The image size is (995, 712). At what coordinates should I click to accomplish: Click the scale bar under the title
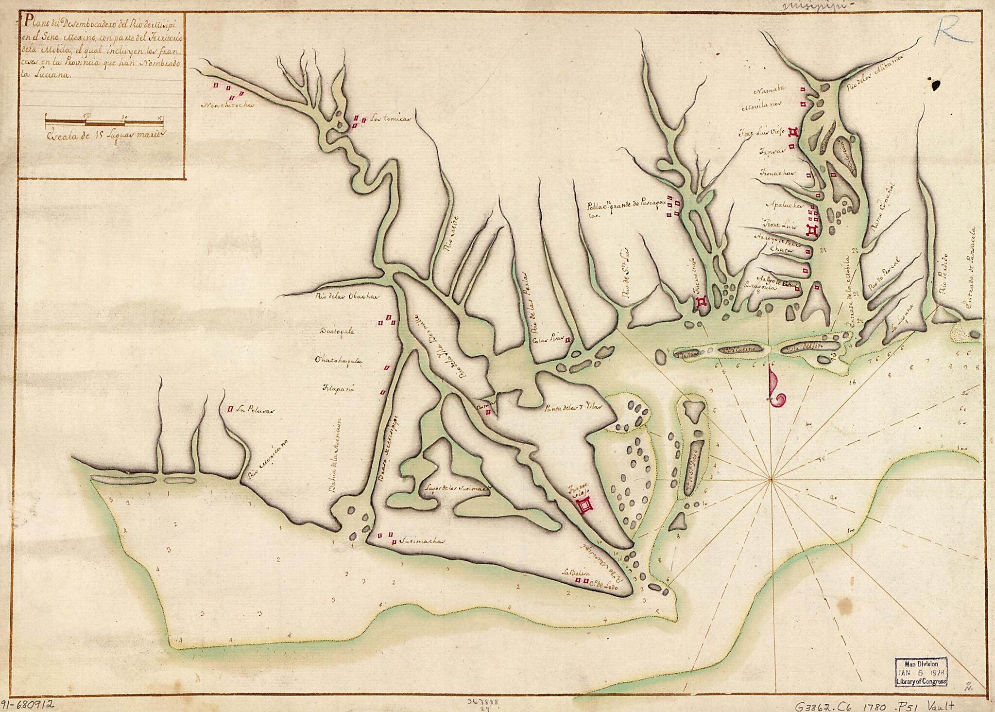[104, 122]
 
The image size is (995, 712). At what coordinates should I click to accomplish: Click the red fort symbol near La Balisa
[585, 505]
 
